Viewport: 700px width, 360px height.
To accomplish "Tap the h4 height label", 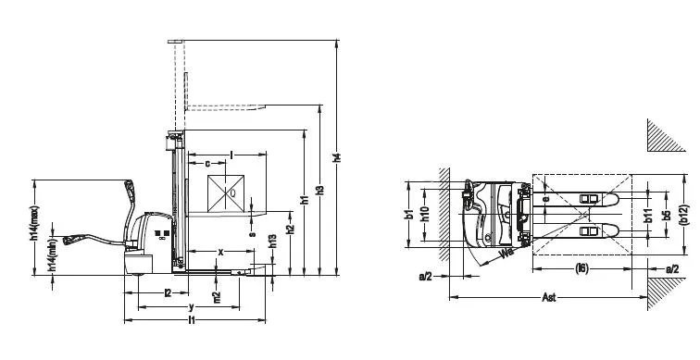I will coord(338,158).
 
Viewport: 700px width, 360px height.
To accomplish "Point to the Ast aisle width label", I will coord(550,298).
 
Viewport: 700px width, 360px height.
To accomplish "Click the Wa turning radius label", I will coord(506,252).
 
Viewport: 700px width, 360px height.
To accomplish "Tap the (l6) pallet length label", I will coord(581,268).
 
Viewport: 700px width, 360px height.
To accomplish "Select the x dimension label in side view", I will coord(220,252).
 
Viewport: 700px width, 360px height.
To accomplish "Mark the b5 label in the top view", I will coord(666,216).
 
